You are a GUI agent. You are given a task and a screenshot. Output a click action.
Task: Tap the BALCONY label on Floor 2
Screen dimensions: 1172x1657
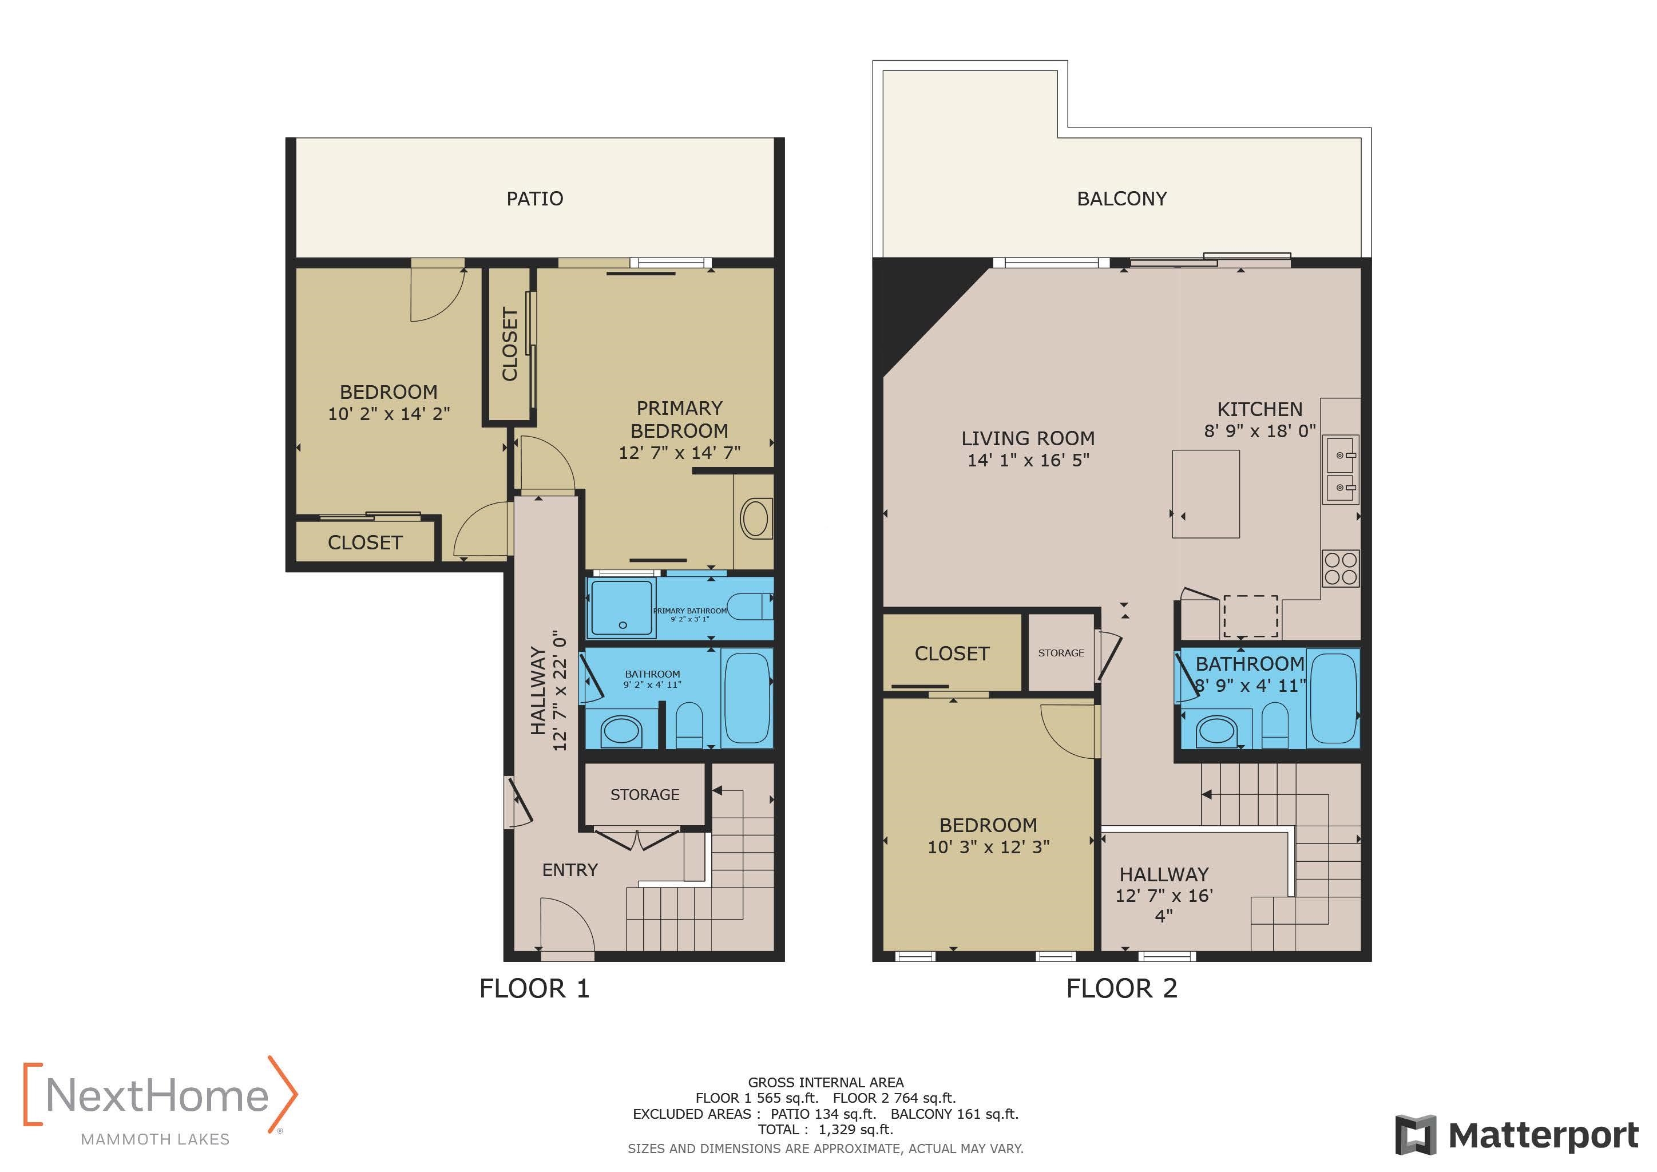pos(1121,199)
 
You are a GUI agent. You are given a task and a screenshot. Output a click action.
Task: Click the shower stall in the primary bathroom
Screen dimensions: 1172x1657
pos(621,609)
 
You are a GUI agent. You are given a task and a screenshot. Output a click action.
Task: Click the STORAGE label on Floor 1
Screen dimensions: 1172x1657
pos(644,794)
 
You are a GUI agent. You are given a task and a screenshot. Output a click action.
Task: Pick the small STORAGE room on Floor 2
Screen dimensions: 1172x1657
pos(1061,652)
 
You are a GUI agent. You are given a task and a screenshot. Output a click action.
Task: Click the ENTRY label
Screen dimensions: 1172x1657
pos(569,870)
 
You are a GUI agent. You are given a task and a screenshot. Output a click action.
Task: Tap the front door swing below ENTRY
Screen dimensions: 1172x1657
pos(566,927)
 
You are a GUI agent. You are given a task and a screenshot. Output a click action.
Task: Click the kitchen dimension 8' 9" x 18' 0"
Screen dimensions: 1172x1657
pos(1259,431)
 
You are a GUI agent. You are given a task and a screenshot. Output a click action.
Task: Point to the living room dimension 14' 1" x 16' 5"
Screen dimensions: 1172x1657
pos(1028,460)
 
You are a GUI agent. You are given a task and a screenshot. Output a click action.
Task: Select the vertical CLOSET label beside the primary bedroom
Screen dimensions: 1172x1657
pos(509,345)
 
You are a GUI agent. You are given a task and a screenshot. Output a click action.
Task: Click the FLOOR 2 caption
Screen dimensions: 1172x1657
pos(1121,988)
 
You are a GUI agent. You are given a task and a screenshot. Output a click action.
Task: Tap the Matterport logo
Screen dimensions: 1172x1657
pos(1517,1135)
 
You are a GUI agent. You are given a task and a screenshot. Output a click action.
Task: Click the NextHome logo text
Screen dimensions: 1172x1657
pos(157,1095)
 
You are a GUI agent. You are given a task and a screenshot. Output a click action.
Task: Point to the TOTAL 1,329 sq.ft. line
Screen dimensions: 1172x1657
pos(825,1130)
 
